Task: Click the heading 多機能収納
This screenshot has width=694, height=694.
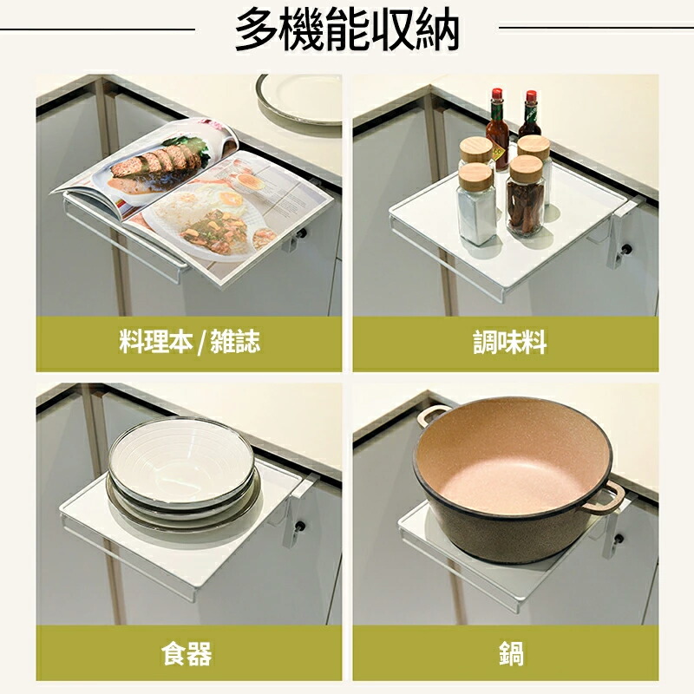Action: coord(346,29)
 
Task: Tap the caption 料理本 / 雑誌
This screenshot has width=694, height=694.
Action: coord(189,342)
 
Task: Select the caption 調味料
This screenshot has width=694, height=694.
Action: coord(509,342)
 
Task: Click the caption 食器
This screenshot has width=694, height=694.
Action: coord(187,653)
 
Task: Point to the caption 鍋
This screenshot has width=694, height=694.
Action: coord(512,653)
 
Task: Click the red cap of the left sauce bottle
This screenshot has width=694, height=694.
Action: coord(498,94)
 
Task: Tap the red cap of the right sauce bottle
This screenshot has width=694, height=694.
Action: coord(531,96)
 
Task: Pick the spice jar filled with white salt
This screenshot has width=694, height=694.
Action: coord(475,205)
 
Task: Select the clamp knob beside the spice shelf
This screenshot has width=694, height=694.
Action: coord(627,248)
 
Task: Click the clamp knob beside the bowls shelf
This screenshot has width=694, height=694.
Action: coord(300,527)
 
